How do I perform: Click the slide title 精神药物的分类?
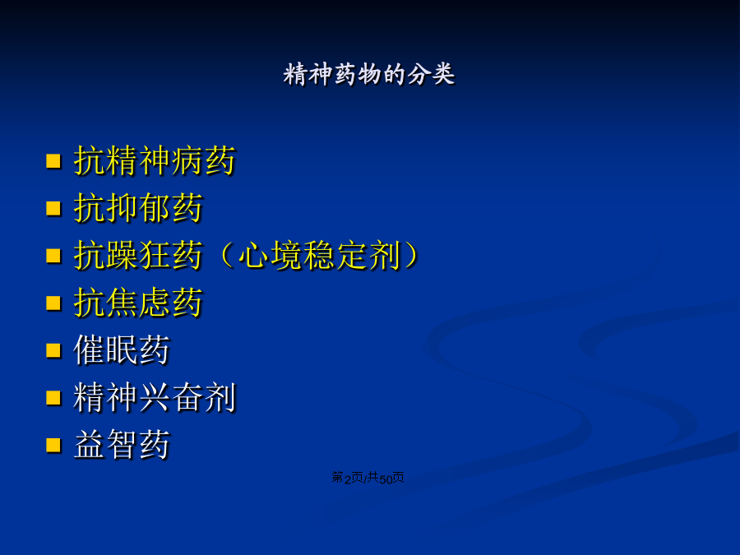pos(369,74)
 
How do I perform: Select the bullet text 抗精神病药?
pos(155,160)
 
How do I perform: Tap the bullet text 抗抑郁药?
pos(138,208)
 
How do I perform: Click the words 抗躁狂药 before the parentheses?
pos(138,256)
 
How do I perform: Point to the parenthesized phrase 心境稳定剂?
pos(320,256)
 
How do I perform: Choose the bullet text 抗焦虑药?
pos(138,303)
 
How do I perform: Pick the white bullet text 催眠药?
pos(122,349)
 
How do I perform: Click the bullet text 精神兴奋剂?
pos(155,397)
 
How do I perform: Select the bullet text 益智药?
pos(122,445)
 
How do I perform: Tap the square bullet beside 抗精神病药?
pos(53,161)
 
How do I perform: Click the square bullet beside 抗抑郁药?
pos(53,208)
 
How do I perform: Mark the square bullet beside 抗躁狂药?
pos(53,256)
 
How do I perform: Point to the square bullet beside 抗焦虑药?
pos(53,303)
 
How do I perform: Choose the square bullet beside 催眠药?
pos(53,350)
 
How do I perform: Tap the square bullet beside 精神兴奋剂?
pos(53,398)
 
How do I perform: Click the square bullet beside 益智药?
pos(53,445)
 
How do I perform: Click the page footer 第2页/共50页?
pos(368,478)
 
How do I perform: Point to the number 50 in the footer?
pos(386,479)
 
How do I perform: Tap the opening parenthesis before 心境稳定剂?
pos(228,256)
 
